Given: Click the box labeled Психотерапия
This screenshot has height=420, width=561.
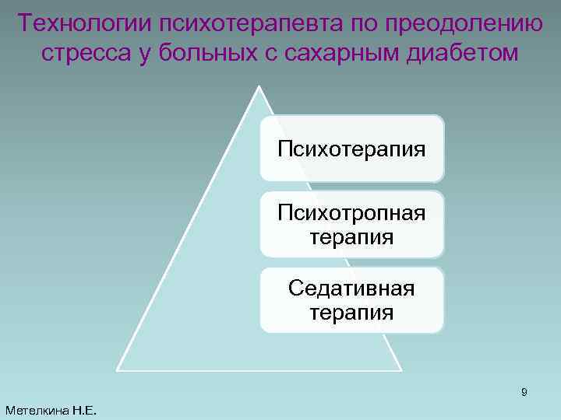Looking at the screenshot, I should [351, 148].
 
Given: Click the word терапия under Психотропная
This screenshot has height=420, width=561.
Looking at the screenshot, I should [351, 236].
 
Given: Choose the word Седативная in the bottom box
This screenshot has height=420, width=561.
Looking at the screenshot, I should [351, 289].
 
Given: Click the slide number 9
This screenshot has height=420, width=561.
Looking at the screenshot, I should [524, 393].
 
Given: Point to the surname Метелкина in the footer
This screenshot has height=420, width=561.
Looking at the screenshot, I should [37, 410].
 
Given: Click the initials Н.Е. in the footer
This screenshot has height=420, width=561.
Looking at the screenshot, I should [84, 410].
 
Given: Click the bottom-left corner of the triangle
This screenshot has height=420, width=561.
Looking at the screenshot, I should [117, 369].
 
